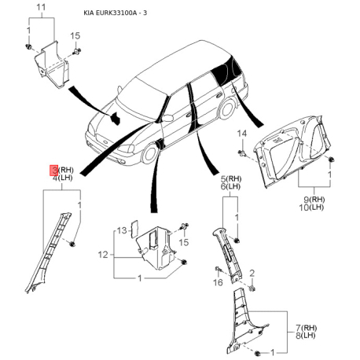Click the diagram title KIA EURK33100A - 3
coord(116,13)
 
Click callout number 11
coord(41,7)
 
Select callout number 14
coord(241,134)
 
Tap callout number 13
coord(122,231)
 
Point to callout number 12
coord(103,255)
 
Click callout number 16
coord(218,282)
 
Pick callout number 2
coord(252,274)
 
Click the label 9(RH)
coord(314,200)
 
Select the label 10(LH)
coord(311,208)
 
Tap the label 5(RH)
coord(231,179)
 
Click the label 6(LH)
coord(230,186)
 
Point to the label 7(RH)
coord(307,328)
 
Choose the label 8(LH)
coord(306,336)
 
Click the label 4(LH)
coord(62,178)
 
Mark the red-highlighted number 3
coord(54,171)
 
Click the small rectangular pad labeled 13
coord(134,229)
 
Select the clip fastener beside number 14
coord(242,153)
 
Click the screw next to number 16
coord(218,270)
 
